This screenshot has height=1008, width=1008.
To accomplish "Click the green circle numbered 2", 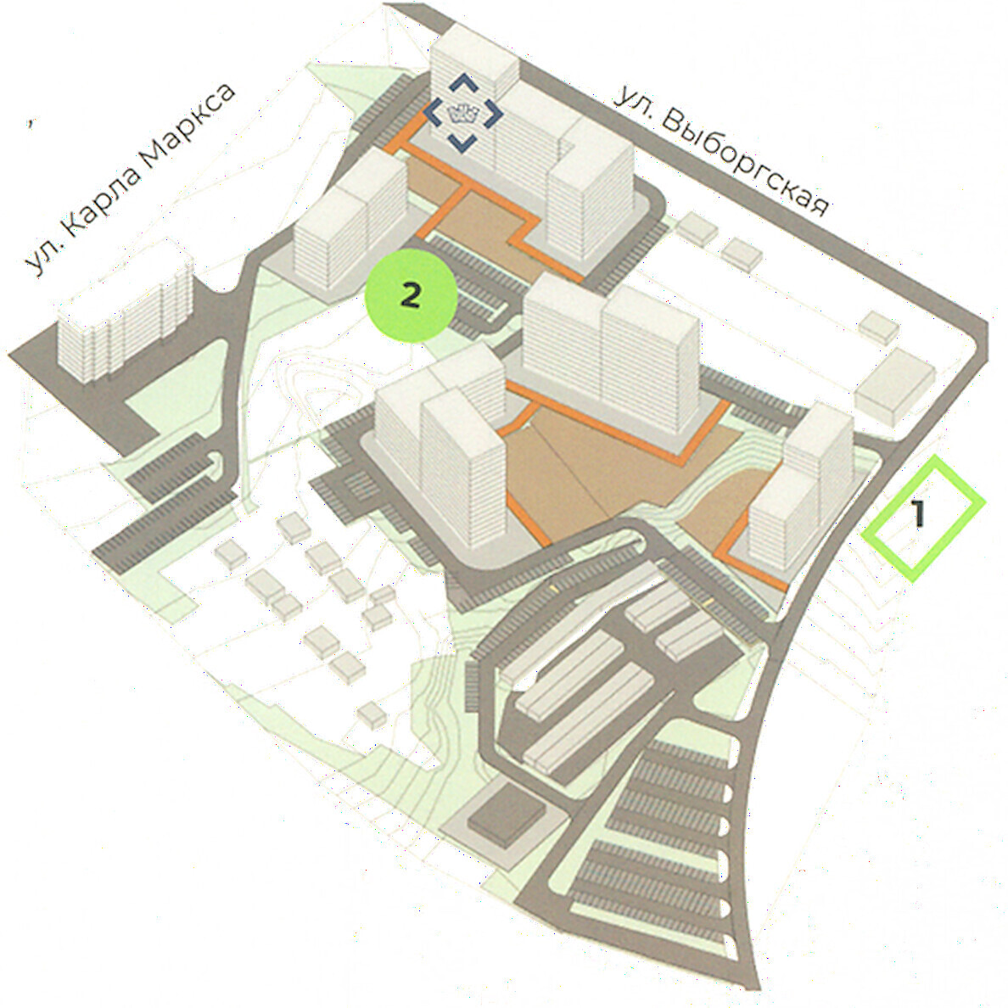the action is click(x=411, y=296).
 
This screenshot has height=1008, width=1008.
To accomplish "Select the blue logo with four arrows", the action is click(x=463, y=114).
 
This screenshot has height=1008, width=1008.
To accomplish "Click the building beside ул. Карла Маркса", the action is click(x=126, y=311).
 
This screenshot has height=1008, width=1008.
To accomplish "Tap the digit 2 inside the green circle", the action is click(x=411, y=296).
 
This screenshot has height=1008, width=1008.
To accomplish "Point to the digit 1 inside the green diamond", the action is click(x=919, y=513).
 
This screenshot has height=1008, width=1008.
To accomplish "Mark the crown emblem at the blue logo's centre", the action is click(x=463, y=114).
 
